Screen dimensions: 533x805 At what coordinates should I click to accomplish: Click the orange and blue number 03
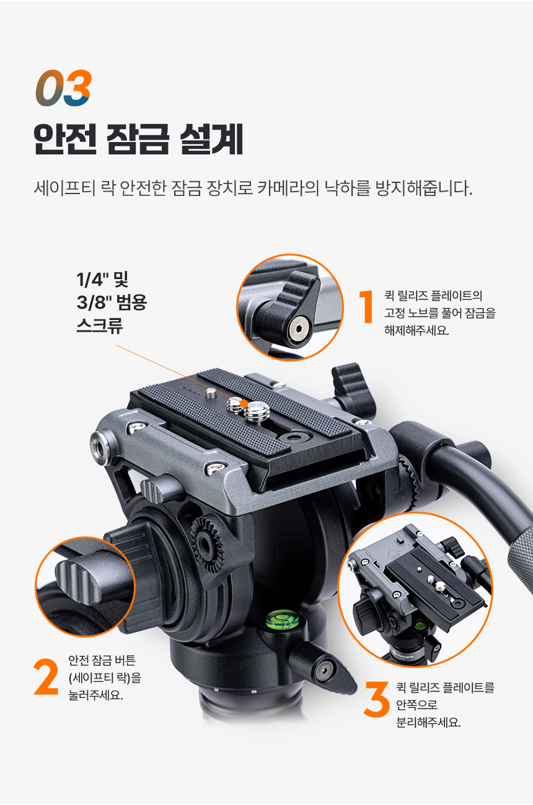point(64,87)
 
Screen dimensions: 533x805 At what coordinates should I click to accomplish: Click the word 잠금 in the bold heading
point(138,140)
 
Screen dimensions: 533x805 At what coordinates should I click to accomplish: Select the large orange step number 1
point(366,306)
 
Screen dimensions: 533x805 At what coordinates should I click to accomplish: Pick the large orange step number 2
point(46,677)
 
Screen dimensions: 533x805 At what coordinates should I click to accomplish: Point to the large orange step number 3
point(376,700)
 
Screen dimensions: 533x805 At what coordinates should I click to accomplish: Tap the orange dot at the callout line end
point(245,404)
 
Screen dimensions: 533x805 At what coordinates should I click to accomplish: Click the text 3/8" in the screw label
point(92,302)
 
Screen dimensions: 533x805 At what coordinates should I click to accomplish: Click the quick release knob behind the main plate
point(354,388)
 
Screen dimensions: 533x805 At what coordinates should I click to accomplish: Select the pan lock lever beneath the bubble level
point(322,668)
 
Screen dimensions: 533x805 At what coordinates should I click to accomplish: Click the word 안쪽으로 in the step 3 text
point(416,705)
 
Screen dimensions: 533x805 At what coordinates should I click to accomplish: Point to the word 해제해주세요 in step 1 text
point(416,330)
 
